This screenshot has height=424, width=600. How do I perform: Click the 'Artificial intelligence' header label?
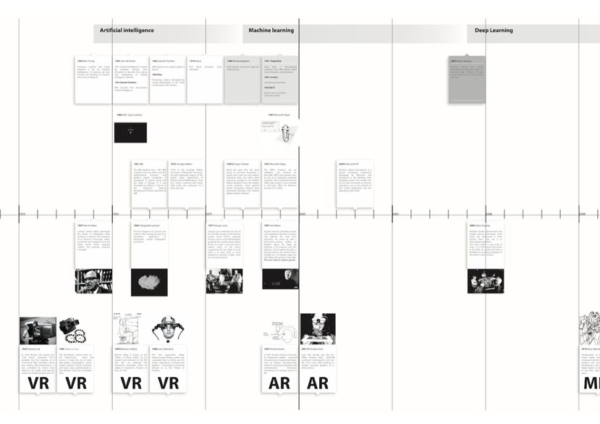click(x=127, y=30)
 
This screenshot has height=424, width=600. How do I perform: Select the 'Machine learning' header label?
click(x=271, y=30)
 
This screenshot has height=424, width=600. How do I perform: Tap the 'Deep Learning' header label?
click(x=494, y=30)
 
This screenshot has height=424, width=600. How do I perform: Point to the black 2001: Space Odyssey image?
click(x=130, y=132)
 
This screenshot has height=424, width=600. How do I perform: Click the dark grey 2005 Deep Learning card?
click(x=467, y=78)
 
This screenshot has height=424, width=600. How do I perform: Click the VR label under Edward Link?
click(x=38, y=383)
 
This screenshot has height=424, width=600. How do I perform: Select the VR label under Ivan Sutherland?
click(x=168, y=383)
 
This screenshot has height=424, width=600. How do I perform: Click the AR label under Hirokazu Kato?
click(x=318, y=383)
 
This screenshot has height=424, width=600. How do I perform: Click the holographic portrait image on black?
click(x=149, y=281)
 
